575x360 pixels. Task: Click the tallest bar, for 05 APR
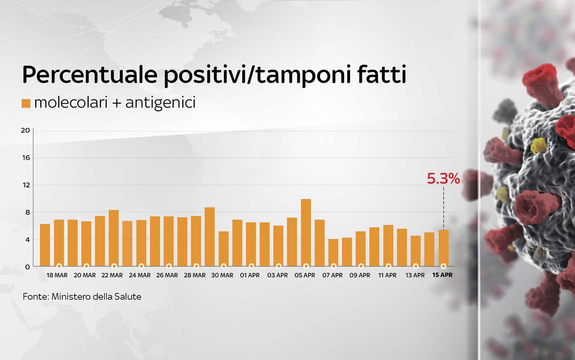[306, 233]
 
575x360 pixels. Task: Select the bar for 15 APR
[443, 248]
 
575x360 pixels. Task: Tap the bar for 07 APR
[333, 253]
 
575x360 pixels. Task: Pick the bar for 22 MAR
[114, 238]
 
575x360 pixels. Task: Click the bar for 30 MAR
[224, 249]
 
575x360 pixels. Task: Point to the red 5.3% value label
[443, 179]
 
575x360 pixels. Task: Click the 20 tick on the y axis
[25, 130]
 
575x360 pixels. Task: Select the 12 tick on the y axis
[26, 185]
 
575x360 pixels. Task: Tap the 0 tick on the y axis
[28, 267]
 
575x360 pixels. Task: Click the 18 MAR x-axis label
[57, 275]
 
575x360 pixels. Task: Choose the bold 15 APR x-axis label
[442, 275]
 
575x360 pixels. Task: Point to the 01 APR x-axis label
[250, 275]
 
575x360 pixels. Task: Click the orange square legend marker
[26, 103]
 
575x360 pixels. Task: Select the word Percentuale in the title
[90, 75]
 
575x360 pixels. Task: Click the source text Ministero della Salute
[96, 296]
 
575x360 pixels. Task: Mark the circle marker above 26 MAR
[169, 266]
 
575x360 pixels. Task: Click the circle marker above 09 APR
[361, 266]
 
